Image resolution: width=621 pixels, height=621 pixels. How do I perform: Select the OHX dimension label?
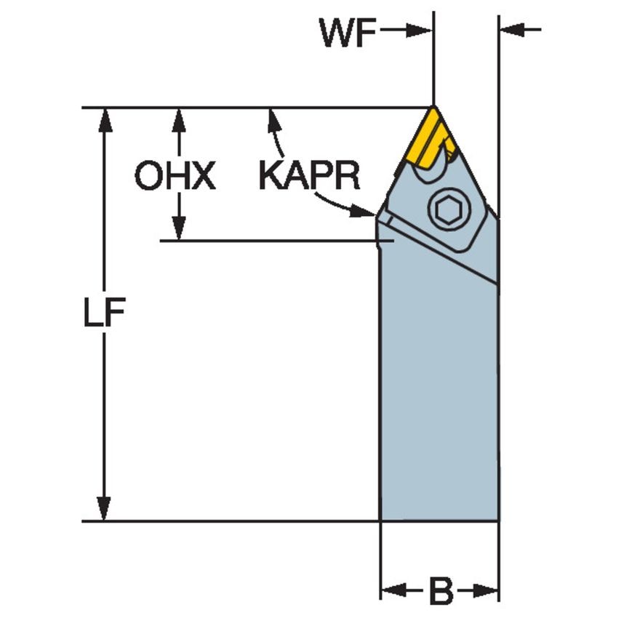(x=175, y=176)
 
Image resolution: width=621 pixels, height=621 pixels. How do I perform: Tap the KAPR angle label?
(x=310, y=175)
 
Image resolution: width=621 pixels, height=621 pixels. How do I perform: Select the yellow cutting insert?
(x=431, y=140)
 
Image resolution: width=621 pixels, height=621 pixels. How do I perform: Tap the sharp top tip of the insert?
(x=434, y=108)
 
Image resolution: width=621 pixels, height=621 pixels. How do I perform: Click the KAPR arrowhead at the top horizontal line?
(x=273, y=118)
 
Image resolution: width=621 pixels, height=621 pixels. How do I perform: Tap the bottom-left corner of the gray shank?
(x=381, y=520)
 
